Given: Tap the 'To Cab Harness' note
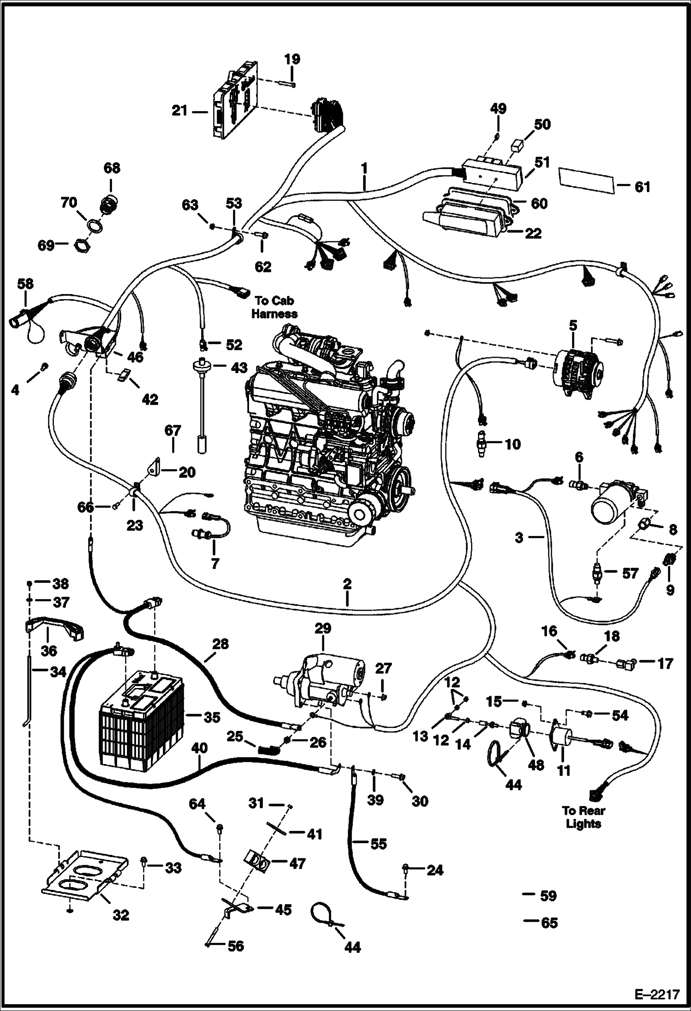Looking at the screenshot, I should pyautogui.click(x=274, y=307).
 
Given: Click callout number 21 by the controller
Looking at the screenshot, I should pyautogui.click(x=179, y=111).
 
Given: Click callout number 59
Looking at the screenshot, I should pyautogui.click(x=548, y=896).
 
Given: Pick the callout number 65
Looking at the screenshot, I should pyautogui.click(x=549, y=923).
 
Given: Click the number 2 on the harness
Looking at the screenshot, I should pyautogui.click(x=347, y=584).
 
